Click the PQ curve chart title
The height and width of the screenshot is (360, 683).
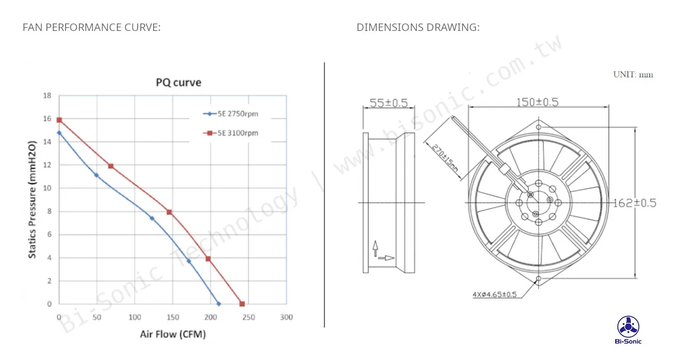178,82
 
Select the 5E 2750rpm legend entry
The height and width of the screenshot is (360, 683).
231,114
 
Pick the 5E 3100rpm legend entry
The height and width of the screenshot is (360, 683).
231,133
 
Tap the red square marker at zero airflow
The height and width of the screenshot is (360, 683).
59,120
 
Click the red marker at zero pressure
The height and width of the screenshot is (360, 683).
242,304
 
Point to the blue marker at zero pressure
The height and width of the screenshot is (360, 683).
219,304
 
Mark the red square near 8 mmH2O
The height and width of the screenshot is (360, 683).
169,212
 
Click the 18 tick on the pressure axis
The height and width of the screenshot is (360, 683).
47,95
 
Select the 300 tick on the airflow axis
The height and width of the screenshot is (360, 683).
287,317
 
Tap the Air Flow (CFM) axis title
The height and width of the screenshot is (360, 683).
173,334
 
